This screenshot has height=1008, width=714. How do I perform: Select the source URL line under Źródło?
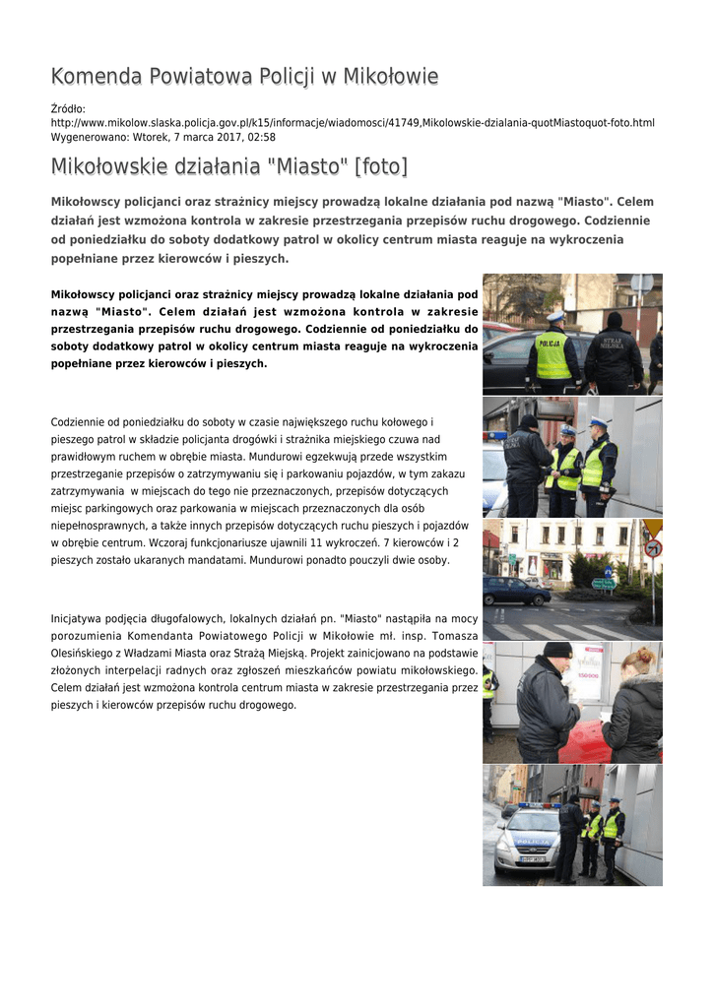pyautogui.click(x=353, y=122)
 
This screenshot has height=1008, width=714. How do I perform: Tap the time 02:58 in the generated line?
pyautogui.click(x=262, y=137)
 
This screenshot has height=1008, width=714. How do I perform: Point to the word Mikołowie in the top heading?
pyautogui.click(x=389, y=77)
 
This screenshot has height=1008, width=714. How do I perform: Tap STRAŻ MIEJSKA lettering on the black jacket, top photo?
pyautogui.click(x=613, y=344)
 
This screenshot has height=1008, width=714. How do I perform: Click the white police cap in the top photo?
pyautogui.click(x=555, y=316)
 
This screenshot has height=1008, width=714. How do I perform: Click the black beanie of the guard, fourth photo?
pyautogui.click(x=557, y=650)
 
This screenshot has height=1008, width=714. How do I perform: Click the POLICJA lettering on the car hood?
pyautogui.click(x=533, y=842)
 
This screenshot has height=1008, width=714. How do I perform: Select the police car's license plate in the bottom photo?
pyautogui.click(x=519, y=859)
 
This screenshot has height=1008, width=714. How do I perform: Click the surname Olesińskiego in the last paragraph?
pyautogui.click(x=85, y=652)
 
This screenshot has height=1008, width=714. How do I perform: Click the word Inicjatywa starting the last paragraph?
pyautogui.click(x=79, y=619)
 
